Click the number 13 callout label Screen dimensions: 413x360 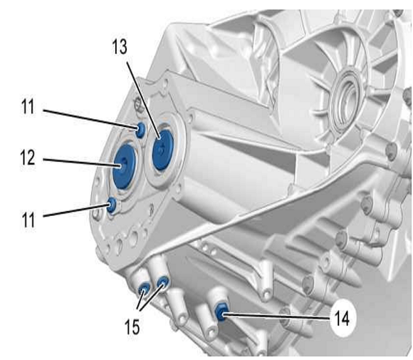point(120,47)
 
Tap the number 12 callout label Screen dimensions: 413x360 point(28,158)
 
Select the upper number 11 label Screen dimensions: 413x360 point(28,106)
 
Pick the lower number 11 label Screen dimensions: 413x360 point(28,220)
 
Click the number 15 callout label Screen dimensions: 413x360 point(132,326)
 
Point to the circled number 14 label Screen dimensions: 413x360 point(342,318)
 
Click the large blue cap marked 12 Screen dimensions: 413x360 point(124,166)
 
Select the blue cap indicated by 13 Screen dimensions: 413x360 point(163,150)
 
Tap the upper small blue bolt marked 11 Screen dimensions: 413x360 point(140,130)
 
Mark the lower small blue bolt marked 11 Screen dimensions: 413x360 point(112,205)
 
